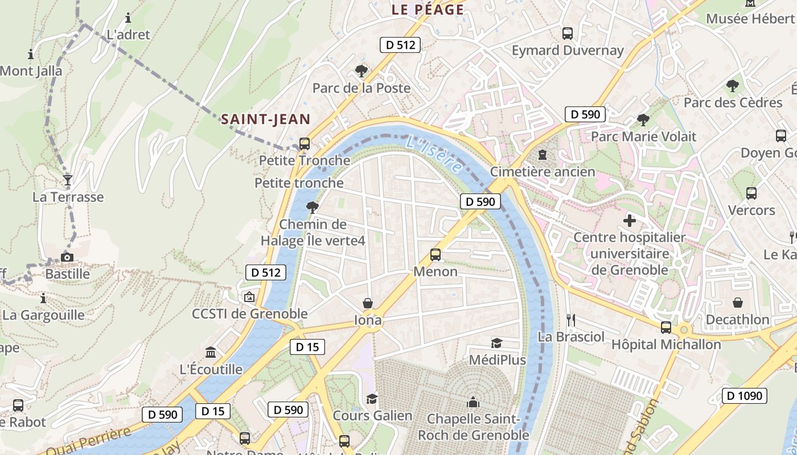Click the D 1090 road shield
[744, 396]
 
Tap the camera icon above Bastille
[67, 257]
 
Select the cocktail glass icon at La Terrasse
[68, 181]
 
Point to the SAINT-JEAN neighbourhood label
[265, 119]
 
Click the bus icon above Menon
[436, 255]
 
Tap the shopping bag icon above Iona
[368, 304]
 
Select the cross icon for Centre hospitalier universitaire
[630, 220]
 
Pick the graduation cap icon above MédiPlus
[497, 343]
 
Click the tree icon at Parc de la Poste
[361, 71]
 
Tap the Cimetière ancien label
[542, 171]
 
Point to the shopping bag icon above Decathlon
[738, 303]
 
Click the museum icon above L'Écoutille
[211, 353]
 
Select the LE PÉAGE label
[428, 10]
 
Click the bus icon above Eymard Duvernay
[568, 34]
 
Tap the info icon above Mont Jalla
[31, 55]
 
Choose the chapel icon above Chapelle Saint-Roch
[473, 403]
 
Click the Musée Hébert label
[750, 18]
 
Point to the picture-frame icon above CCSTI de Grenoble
[249, 297]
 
